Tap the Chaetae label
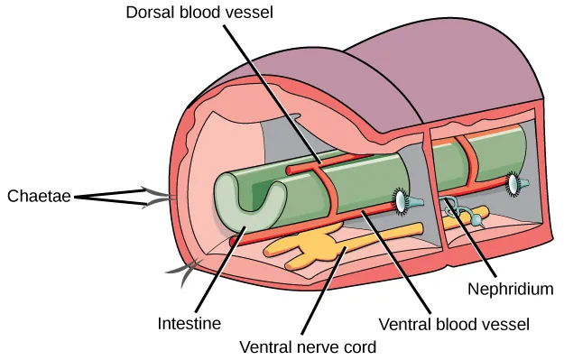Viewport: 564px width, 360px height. (x=39, y=196)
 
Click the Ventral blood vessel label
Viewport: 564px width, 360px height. (x=453, y=322)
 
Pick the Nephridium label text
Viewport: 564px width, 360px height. (x=510, y=290)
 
